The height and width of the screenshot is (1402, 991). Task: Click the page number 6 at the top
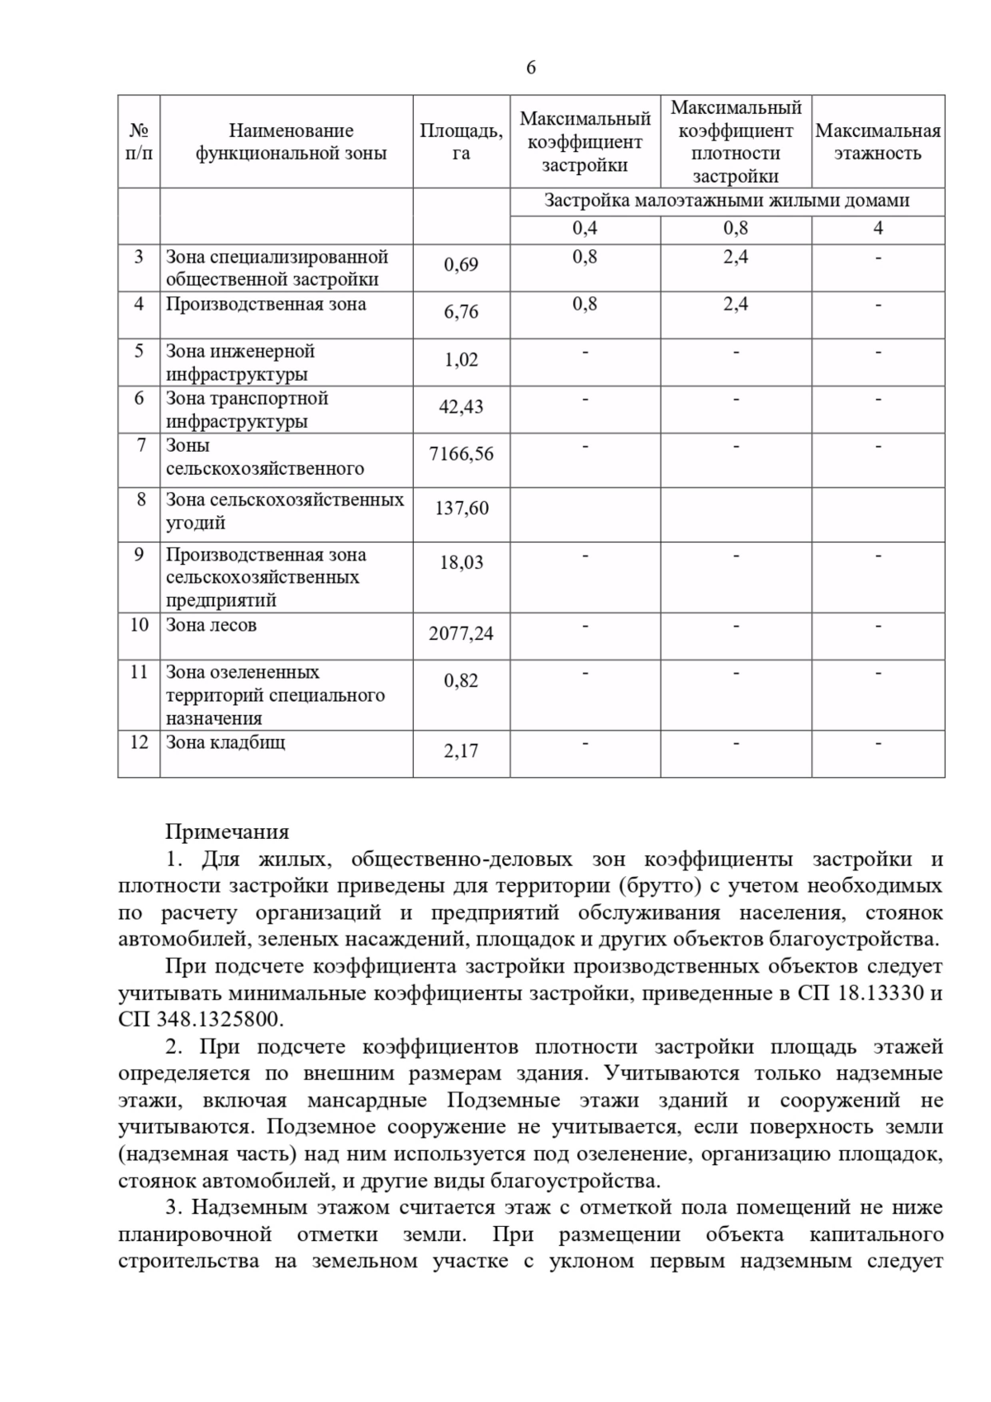pyautogui.click(x=530, y=68)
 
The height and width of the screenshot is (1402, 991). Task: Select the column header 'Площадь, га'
pyautogui.click(x=461, y=141)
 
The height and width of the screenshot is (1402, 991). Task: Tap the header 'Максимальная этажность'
pyautogui.click(x=878, y=141)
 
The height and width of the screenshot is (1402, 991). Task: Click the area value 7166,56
pyautogui.click(x=461, y=454)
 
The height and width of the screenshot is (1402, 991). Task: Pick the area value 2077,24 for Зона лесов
pyautogui.click(x=461, y=633)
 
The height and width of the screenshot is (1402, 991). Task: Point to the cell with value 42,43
pyautogui.click(x=461, y=407)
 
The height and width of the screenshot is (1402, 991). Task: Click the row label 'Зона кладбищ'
pyautogui.click(x=225, y=741)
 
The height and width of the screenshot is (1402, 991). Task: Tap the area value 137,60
pyautogui.click(x=461, y=508)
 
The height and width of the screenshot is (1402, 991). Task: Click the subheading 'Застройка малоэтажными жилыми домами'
pyautogui.click(x=727, y=201)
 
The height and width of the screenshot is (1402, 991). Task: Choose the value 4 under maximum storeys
pyautogui.click(x=878, y=229)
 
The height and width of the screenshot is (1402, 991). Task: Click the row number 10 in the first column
pyautogui.click(x=139, y=625)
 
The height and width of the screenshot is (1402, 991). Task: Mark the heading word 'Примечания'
pyautogui.click(x=227, y=831)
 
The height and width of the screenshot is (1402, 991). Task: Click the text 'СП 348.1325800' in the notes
pyautogui.click(x=200, y=1018)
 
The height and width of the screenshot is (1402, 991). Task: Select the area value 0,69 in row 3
pyautogui.click(x=461, y=265)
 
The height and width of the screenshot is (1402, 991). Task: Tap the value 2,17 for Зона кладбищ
pyautogui.click(x=461, y=751)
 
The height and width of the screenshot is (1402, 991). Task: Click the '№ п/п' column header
pyautogui.click(x=139, y=141)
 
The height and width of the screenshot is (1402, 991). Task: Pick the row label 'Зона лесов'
pyautogui.click(x=211, y=625)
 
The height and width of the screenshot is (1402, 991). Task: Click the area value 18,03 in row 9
pyautogui.click(x=461, y=562)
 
